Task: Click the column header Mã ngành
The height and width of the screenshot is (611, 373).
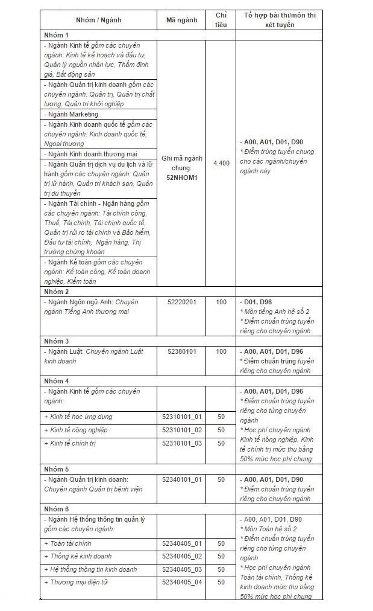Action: point(181,19)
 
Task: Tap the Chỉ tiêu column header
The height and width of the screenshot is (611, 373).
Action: point(221,19)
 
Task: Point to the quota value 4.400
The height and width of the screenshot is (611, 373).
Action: point(221,163)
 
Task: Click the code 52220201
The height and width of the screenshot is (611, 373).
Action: point(181,302)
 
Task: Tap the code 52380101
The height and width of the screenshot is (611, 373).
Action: point(181,351)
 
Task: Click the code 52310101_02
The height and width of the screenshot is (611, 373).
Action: point(181,430)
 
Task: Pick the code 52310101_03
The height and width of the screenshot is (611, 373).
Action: point(181,443)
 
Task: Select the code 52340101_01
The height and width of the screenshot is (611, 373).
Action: point(181,479)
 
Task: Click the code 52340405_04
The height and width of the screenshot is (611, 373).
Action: point(181,582)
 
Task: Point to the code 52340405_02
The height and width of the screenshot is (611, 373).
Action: point(181,556)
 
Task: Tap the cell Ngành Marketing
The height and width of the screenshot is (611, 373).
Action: point(71,114)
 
